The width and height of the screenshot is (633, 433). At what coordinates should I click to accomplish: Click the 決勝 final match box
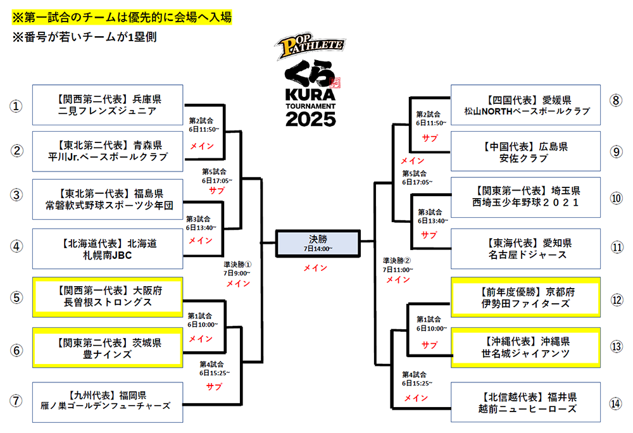click(318, 243)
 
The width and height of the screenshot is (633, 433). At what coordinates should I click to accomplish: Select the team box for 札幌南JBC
click(108, 249)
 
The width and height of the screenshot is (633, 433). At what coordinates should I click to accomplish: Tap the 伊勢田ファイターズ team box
click(525, 298)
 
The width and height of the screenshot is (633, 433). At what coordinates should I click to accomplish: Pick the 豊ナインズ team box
click(108, 348)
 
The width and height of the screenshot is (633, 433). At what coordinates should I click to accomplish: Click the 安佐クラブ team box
click(525, 151)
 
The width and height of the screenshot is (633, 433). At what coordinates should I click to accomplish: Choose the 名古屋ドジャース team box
click(525, 249)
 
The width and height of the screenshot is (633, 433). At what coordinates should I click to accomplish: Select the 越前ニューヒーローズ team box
click(525, 403)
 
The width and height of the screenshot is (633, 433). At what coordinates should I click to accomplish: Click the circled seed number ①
click(16, 106)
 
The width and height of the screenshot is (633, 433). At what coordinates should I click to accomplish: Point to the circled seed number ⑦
click(16, 401)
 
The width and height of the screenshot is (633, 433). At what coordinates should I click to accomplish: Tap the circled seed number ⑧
click(616, 100)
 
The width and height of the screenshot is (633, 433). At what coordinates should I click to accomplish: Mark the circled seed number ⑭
click(616, 403)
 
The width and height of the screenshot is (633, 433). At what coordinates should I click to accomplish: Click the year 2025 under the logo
click(310, 119)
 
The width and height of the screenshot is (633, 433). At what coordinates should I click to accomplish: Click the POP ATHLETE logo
click(310, 47)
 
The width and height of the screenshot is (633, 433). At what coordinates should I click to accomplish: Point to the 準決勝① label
click(238, 265)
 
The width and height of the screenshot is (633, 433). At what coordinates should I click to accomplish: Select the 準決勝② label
click(397, 261)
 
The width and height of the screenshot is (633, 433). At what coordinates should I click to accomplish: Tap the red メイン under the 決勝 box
click(315, 268)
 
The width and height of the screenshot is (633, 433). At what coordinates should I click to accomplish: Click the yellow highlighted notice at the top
click(122, 17)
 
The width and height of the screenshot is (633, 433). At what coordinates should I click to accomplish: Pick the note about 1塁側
click(84, 37)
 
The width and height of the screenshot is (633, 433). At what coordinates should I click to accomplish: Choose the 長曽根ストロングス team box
click(108, 297)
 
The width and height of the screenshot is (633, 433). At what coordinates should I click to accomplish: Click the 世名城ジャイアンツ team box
click(525, 348)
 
